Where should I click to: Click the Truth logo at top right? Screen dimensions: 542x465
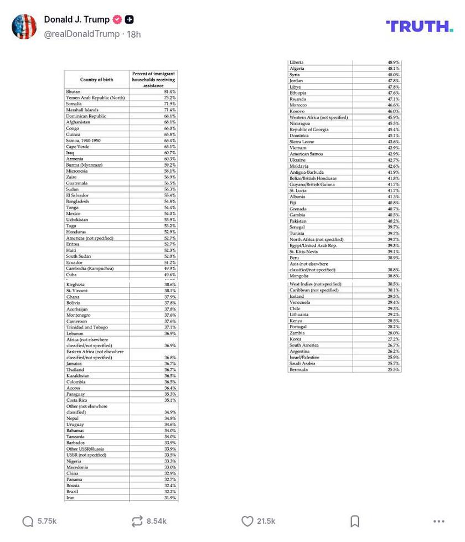point(419,26)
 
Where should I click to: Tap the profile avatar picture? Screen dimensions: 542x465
point(24,27)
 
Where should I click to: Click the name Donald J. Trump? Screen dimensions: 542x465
point(76,20)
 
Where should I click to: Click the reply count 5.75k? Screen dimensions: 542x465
point(46,521)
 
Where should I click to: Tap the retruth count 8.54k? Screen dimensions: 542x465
point(156,521)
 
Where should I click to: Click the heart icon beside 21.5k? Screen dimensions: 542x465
point(247,521)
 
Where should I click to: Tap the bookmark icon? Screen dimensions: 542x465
point(355,521)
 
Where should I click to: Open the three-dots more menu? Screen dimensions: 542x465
point(438,521)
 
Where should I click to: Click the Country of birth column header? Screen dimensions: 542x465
point(96,80)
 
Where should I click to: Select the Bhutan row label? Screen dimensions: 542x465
point(73,91)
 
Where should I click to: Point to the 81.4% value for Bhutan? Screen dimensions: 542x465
point(169,91)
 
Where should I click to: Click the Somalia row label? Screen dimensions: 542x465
point(74,104)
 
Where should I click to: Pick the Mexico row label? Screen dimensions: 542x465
point(73,214)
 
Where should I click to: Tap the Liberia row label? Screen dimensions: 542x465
point(296,63)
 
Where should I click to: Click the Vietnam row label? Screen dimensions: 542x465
point(297,148)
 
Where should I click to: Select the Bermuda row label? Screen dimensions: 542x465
point(298,369)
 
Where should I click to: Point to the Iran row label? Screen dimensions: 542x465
point(70,498)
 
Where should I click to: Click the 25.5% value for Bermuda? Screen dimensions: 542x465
point(393,369)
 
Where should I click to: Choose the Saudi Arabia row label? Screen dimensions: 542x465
point(302,363)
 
